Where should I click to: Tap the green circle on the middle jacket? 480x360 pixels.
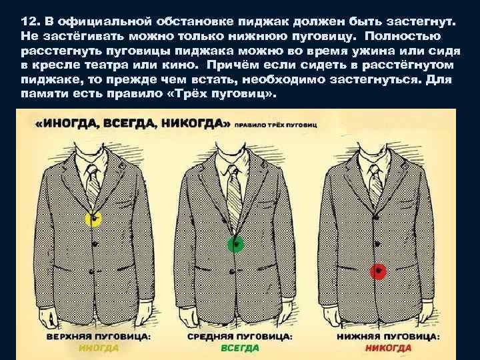pos(235,244)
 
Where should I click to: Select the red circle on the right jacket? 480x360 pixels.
pos(377,271)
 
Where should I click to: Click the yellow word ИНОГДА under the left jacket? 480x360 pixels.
pos(99,347)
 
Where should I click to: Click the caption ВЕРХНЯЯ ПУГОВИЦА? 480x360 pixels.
pos(98,337)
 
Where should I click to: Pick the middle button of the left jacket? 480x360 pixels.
pos(95,245)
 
